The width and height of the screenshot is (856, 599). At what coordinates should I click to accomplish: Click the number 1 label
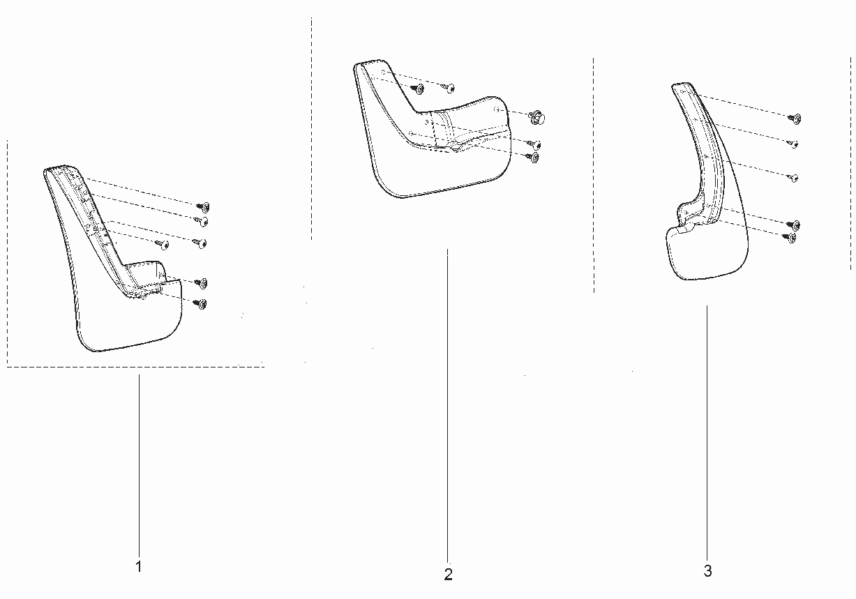(139, 566)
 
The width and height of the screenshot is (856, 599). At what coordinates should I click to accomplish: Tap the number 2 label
(449, 575)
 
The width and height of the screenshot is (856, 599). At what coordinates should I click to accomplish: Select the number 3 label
(707, 571)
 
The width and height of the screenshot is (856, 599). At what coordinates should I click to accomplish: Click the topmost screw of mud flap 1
(204, 207)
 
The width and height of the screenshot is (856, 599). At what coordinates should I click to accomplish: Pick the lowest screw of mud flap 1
(201, 304)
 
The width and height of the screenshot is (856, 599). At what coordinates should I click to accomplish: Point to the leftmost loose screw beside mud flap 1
(163, 245)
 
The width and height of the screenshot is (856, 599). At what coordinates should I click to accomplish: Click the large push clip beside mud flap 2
(537, 117)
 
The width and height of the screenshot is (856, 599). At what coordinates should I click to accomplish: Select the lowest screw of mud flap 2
(533, 158)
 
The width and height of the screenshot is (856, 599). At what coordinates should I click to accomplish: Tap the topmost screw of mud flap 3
(795, 119)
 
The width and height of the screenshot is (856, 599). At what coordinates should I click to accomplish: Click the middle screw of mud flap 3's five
(793, 178)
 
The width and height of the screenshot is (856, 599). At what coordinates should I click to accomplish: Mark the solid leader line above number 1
(139, 465)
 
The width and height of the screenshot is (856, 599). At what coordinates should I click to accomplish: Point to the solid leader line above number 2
(447, 406)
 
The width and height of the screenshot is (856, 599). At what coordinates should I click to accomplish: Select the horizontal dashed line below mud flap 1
(135, 367)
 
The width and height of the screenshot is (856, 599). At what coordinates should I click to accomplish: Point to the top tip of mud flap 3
(682, 83)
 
